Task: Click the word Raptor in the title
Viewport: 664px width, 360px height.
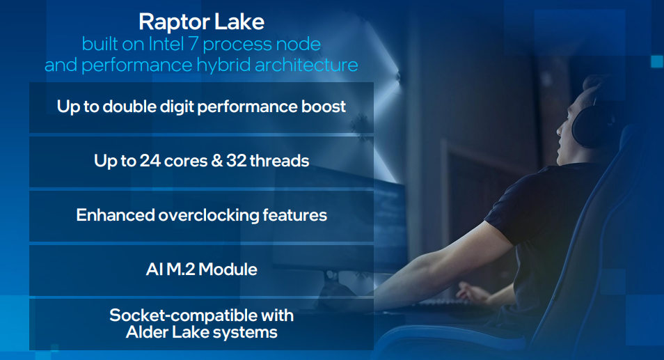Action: coord(175,22)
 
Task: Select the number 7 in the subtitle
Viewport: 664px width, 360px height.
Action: coord(193,44)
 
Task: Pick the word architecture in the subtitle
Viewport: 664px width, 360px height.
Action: coord(306,65)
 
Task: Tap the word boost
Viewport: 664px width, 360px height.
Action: coord(324,107)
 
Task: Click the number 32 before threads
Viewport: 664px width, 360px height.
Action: coord(236,161)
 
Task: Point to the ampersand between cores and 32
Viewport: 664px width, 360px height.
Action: coord(216,161)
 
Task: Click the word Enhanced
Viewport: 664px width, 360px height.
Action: coord(115,215)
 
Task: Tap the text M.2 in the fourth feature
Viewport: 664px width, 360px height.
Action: coord(180,269)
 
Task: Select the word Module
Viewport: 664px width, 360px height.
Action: coord(228,269)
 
